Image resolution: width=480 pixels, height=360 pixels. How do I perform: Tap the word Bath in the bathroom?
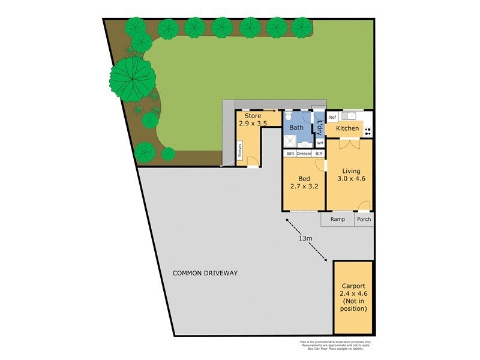pos(296,128)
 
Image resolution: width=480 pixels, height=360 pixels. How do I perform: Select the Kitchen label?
pos(347,128)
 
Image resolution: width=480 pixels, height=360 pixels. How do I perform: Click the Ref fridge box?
pos(332,118)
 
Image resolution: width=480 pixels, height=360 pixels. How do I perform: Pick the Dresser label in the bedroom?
pos(304,154)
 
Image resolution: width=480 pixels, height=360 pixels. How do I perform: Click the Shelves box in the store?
pos(240,152)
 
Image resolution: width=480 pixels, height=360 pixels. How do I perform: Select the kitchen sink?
pos(349,115)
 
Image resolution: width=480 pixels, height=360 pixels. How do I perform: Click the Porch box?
pos(364,219)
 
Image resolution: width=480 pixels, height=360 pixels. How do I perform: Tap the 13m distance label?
pos(305,239)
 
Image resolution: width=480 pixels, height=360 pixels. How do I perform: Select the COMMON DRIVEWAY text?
pos(205,273)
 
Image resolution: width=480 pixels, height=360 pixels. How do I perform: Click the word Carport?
pos(353,286)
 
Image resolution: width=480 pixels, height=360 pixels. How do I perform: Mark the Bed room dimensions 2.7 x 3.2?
pos(304,187)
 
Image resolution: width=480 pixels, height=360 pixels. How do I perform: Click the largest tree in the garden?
pos(131,78)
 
